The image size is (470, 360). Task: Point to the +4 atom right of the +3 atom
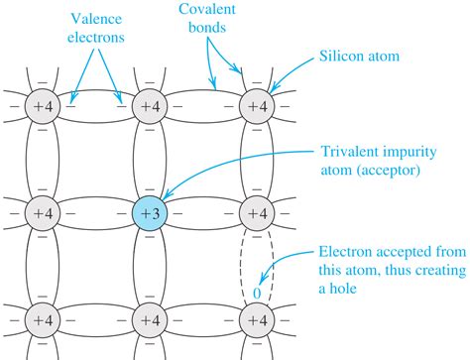257,212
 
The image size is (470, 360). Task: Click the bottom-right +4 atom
257,321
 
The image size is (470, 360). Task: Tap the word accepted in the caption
409,250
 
